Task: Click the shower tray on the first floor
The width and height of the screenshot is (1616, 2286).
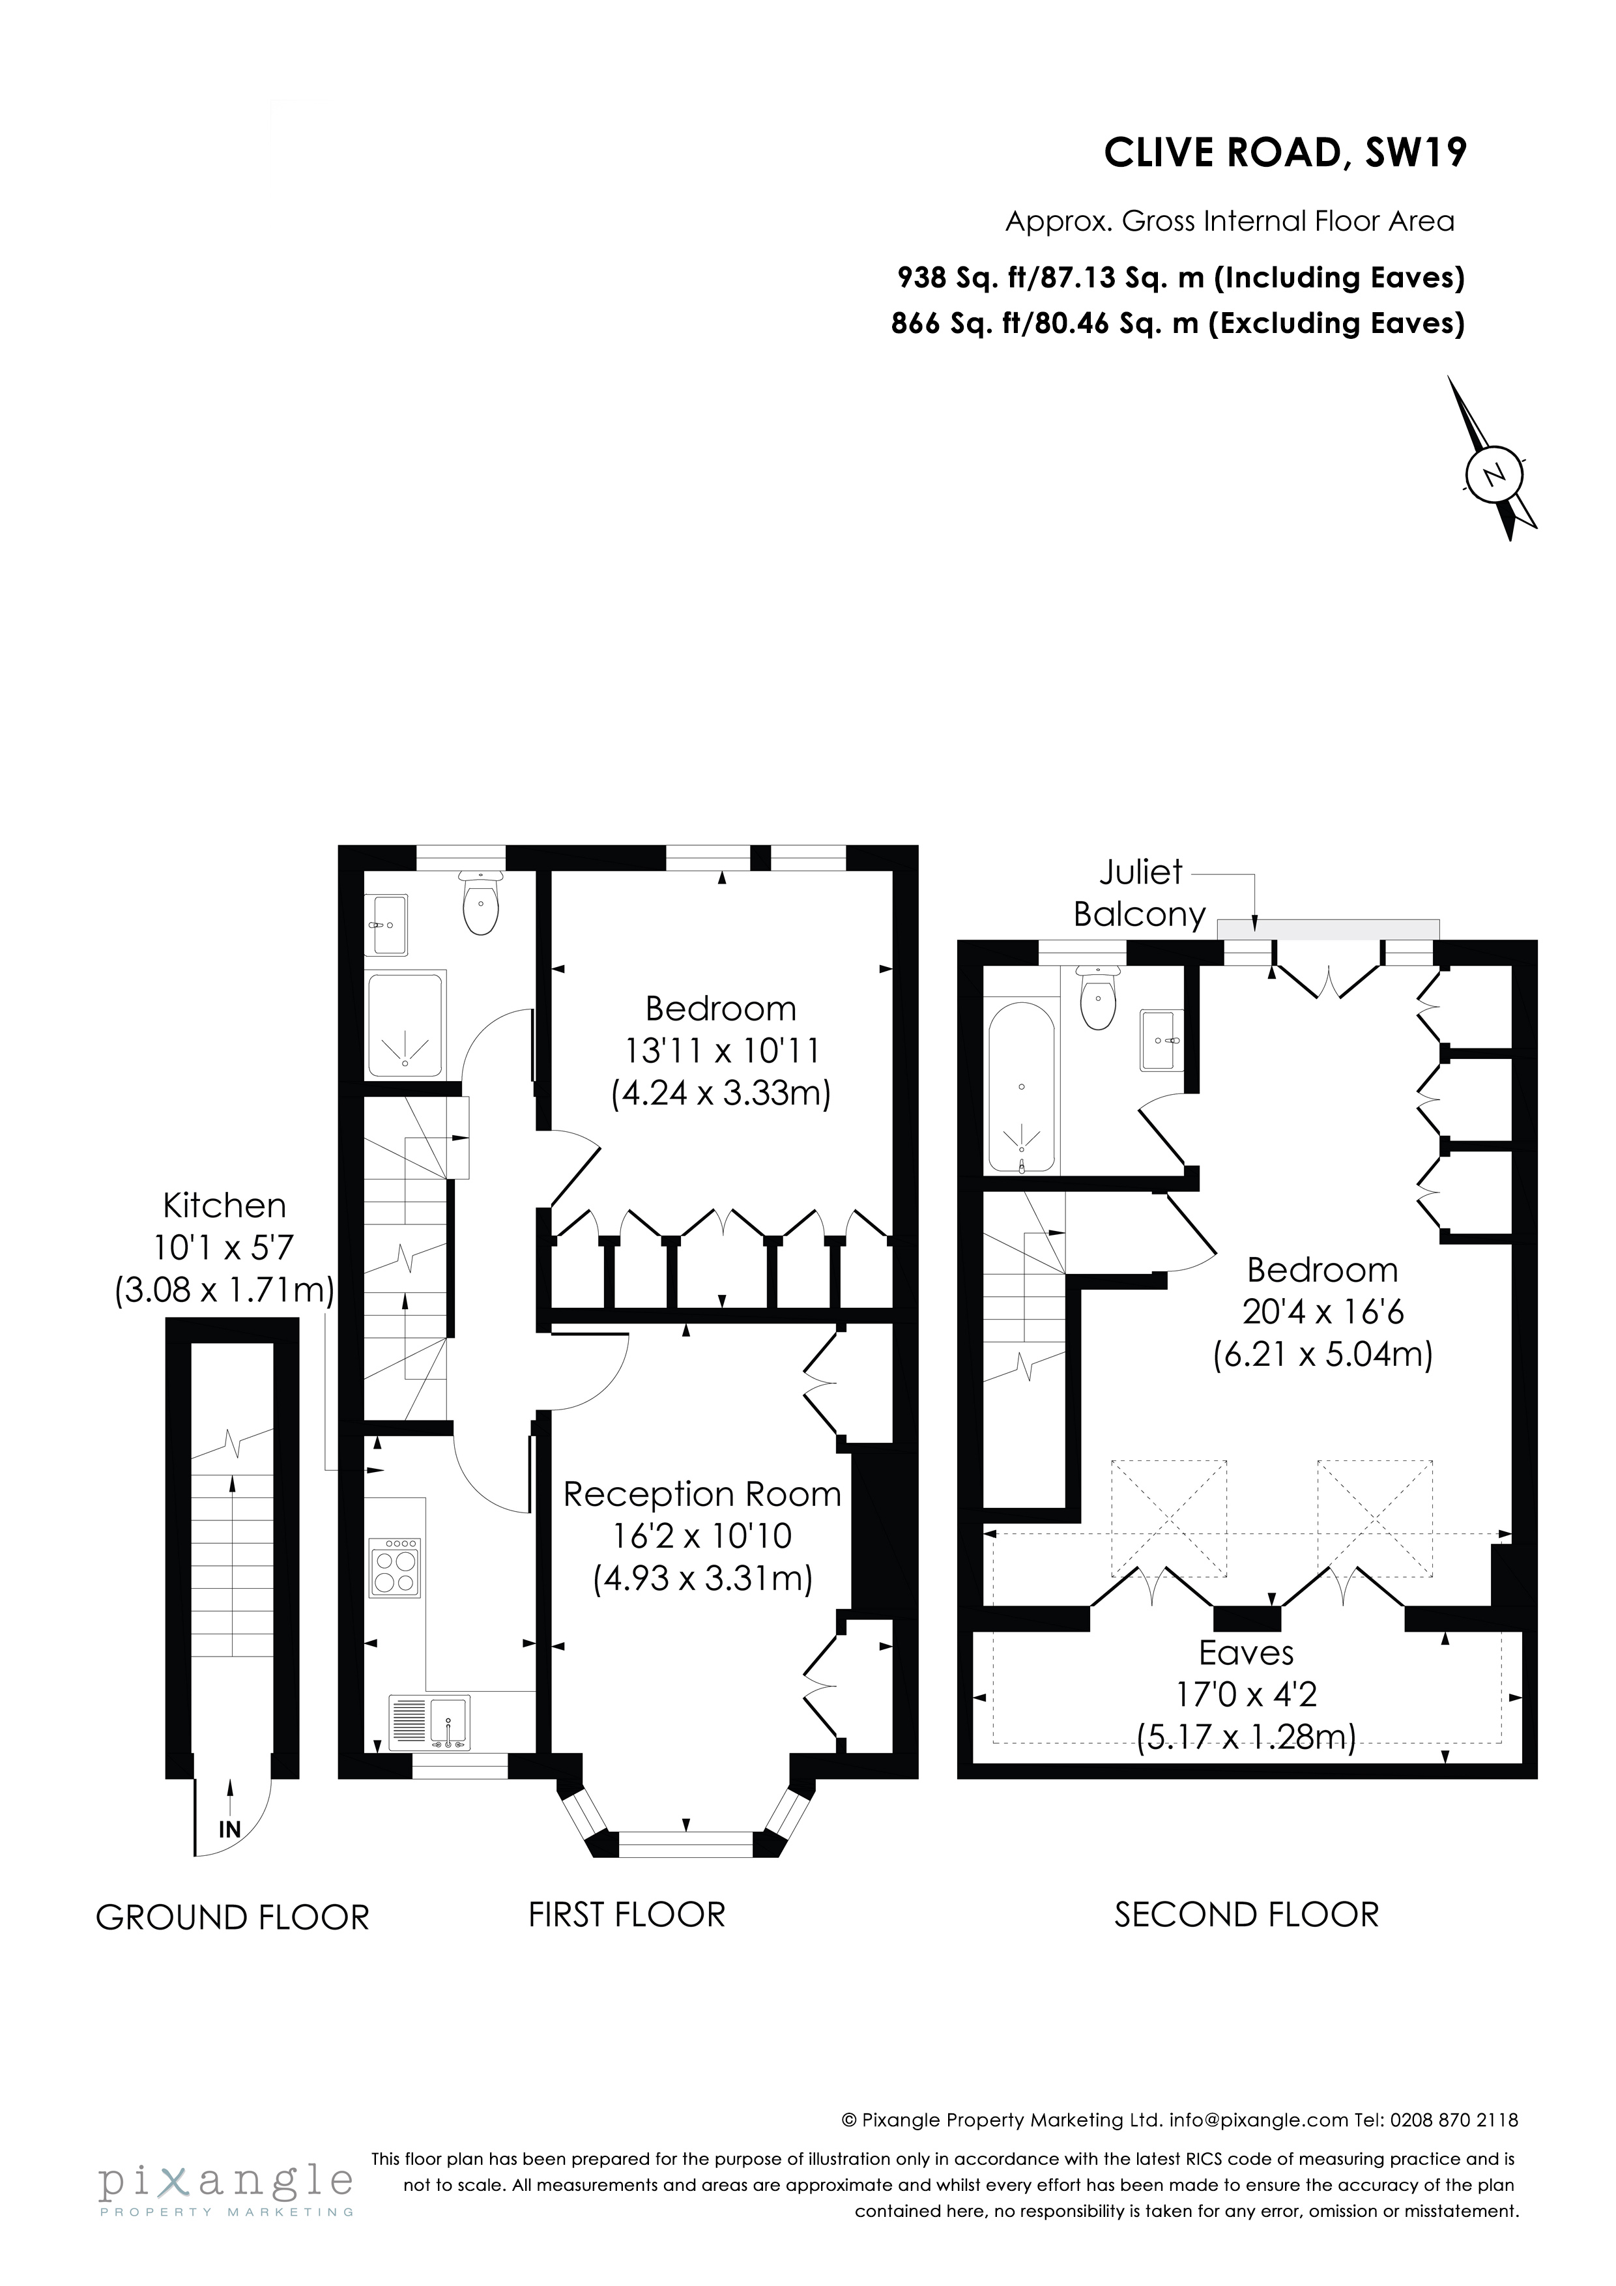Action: click(405, 1026)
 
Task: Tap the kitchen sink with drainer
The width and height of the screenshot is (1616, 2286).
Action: click(429, 1722)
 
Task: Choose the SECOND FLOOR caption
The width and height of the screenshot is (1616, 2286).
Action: click(1246, 1914)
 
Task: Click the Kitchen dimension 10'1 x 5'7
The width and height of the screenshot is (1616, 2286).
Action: click(224, 1247)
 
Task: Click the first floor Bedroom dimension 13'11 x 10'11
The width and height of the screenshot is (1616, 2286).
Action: click(721, 1050)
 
